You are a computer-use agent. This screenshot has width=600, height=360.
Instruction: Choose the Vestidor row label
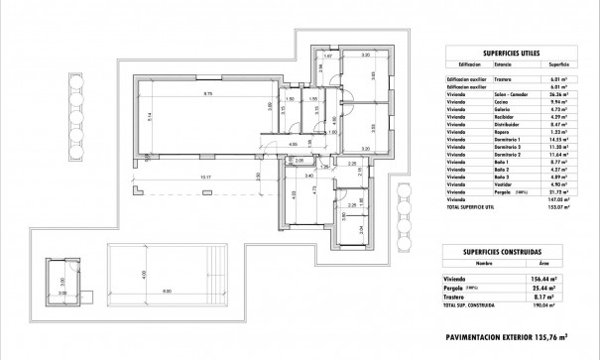click(504, 183)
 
